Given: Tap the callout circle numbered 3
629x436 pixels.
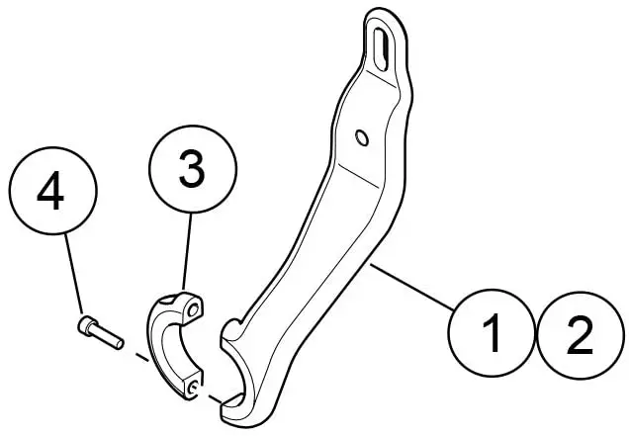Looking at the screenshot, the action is click(x=192, y=170).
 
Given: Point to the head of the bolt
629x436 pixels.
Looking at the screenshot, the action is click(x=86, y=323).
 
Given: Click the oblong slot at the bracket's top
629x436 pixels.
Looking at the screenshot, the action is click(x=381, y=45).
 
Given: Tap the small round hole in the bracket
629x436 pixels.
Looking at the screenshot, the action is click(x=361, y=134).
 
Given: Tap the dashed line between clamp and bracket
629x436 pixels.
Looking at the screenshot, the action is click(x=220, y=395).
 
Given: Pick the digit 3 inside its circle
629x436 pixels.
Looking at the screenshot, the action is click(x=192, y=170).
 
